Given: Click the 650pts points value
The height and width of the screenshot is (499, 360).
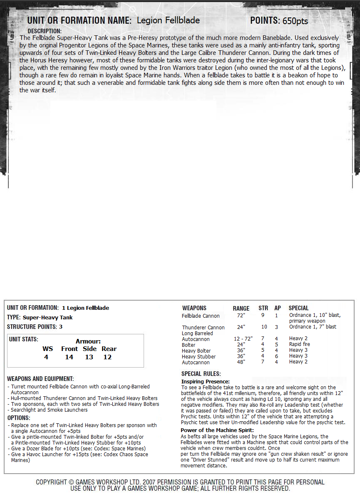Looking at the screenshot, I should [295, 21].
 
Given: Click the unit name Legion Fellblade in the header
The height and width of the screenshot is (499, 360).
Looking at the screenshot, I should [168, 20].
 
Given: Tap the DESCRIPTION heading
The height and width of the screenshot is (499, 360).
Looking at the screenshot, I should [45, 31].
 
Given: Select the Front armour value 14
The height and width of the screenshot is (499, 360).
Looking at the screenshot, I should [69, 357].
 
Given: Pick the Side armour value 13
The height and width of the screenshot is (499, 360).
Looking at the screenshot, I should [89, 357].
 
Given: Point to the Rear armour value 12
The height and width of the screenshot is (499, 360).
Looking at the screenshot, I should [107, 357].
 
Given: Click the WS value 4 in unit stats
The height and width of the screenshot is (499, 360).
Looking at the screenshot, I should [46, 357].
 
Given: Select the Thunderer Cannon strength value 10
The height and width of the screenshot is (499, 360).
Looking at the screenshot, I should [264, 327].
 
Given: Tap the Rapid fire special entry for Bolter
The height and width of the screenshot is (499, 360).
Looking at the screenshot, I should [300, 345].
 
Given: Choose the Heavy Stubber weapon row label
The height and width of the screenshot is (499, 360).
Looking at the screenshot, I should [199, 357].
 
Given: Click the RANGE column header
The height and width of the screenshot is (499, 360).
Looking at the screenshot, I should [241, 309].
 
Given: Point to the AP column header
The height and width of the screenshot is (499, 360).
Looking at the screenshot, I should [278, 308].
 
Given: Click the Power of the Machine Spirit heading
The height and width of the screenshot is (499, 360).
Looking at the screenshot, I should [217, 430].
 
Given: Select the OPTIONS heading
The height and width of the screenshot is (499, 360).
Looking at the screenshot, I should [19, 418].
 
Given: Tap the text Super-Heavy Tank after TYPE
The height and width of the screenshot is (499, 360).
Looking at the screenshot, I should [47, 318].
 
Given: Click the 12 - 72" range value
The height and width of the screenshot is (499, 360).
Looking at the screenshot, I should [243, 339].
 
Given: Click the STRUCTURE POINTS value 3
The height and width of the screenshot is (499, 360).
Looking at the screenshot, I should [60, 327].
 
